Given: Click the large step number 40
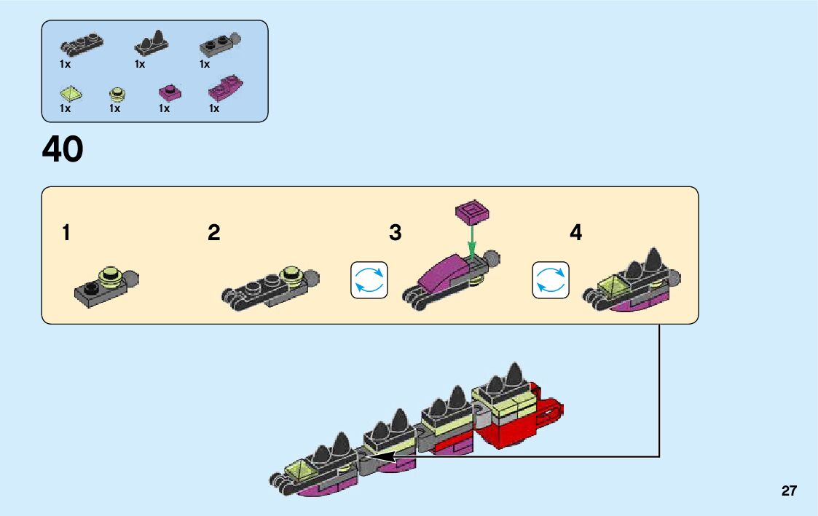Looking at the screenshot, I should [63, 151].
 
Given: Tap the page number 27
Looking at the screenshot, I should [789, 491].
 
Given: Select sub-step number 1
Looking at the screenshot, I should [66, 234].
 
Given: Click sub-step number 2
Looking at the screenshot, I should [213, 234].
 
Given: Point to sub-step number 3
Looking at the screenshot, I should [396, 234].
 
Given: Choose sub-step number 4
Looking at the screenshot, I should [576, 234].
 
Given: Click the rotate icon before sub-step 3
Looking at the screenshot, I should [369, 280].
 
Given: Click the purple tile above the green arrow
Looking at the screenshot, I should [472, 212].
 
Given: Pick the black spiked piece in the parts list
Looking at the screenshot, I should [152, 45].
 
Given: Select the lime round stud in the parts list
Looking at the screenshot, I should [117, 93].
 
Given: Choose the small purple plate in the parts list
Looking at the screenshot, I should [170, 92].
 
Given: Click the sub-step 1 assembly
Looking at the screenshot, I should [106, 286].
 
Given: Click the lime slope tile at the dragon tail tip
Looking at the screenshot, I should [304, 471].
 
